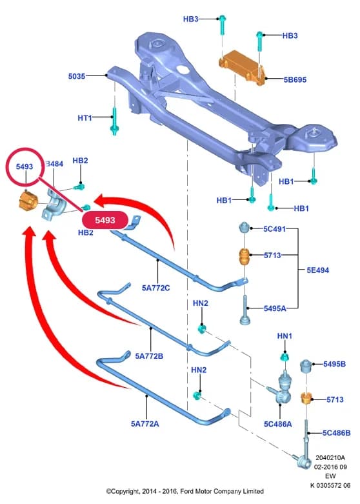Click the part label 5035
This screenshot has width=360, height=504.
(x=77, y=76)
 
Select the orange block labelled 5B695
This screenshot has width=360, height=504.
(x=242, y=68)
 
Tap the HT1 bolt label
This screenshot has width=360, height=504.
(x=85, y=118)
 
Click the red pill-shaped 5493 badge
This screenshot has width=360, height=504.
(x=105, y=220)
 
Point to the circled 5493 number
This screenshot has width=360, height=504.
(x=25, y=166)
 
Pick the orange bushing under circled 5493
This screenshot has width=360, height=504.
(x=27, y=201)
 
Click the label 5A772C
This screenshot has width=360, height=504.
(x=155, y=288)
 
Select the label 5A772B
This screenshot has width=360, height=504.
(x=149, y=356)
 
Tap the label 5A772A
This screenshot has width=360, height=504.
(x=145, y=424)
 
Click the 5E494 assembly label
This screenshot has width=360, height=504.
(x=318, y=270)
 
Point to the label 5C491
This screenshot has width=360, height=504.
(x=274, y=229)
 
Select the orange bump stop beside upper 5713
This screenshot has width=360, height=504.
(x=245, y=257)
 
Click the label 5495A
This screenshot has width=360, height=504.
(x=275, y=308)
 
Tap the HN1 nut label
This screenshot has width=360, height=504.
(x=285, y=336)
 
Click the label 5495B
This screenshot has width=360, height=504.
(x=335, y=364)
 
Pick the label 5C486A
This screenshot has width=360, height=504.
(x=278, y=424)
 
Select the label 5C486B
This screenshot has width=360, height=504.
(x=337, y=433)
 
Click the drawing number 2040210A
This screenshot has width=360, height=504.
(x=330, y=458)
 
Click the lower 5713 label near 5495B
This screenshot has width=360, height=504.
(x=335, y=399)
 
